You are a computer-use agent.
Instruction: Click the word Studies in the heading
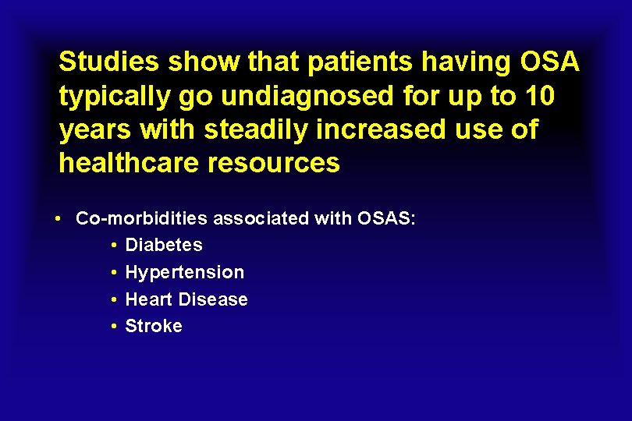click(105, 62)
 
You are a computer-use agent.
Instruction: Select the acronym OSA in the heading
click(549, 62)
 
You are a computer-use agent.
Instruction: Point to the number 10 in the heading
click(538, 96)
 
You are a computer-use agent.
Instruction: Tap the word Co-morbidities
click(142, 218)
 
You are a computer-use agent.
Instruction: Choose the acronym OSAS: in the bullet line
click(386, 218)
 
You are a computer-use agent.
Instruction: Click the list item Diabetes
click(164, 245)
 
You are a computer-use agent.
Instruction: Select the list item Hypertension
click(185, 272)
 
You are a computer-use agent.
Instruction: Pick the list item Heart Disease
click(186, 299)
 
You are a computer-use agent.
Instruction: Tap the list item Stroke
click(154, 326)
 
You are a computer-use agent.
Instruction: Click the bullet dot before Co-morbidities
click(59, 218)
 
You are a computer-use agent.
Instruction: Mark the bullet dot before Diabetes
click(114, 246)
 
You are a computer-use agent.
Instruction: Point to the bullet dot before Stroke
click(114, 327)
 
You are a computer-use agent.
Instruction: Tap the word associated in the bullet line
click(260, 218)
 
